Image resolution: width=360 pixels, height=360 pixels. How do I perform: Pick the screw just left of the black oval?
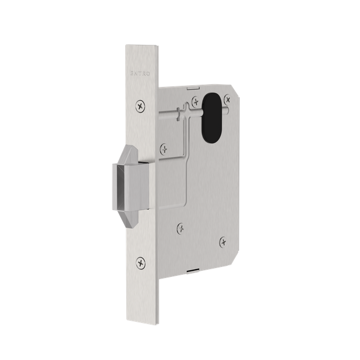click(195, 100)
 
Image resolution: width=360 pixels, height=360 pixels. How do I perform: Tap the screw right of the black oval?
click(228, 100)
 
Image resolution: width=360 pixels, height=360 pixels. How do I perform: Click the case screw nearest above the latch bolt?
click(164, 148)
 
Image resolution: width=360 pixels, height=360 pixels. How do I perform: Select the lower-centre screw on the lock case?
click(181, 227)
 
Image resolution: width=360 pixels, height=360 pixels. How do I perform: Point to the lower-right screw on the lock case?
click(223, 240)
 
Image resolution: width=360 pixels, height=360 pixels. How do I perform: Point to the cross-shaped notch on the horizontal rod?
click(177, 114)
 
